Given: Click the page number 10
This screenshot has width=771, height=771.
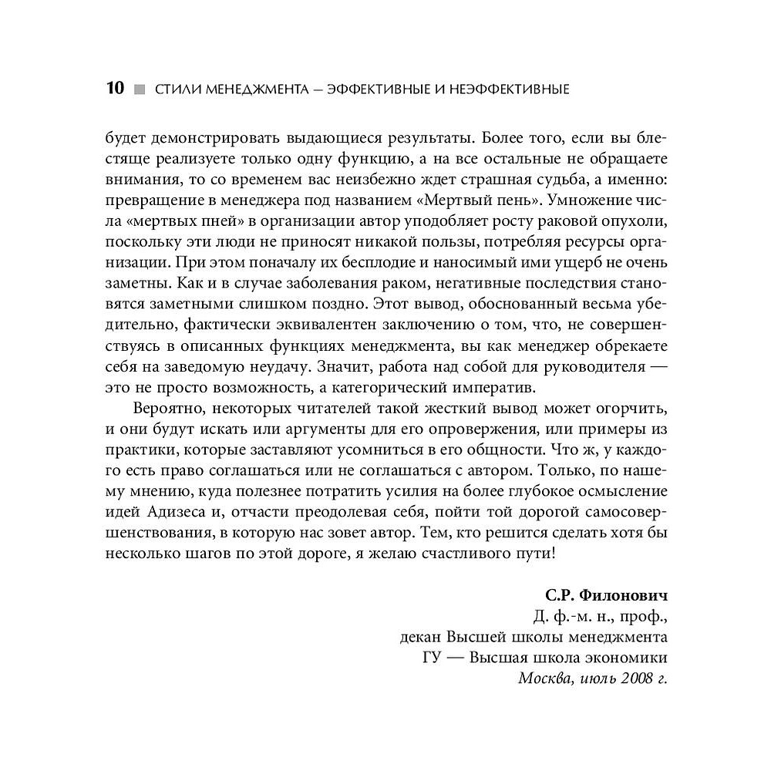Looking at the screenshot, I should pos(113,89).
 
